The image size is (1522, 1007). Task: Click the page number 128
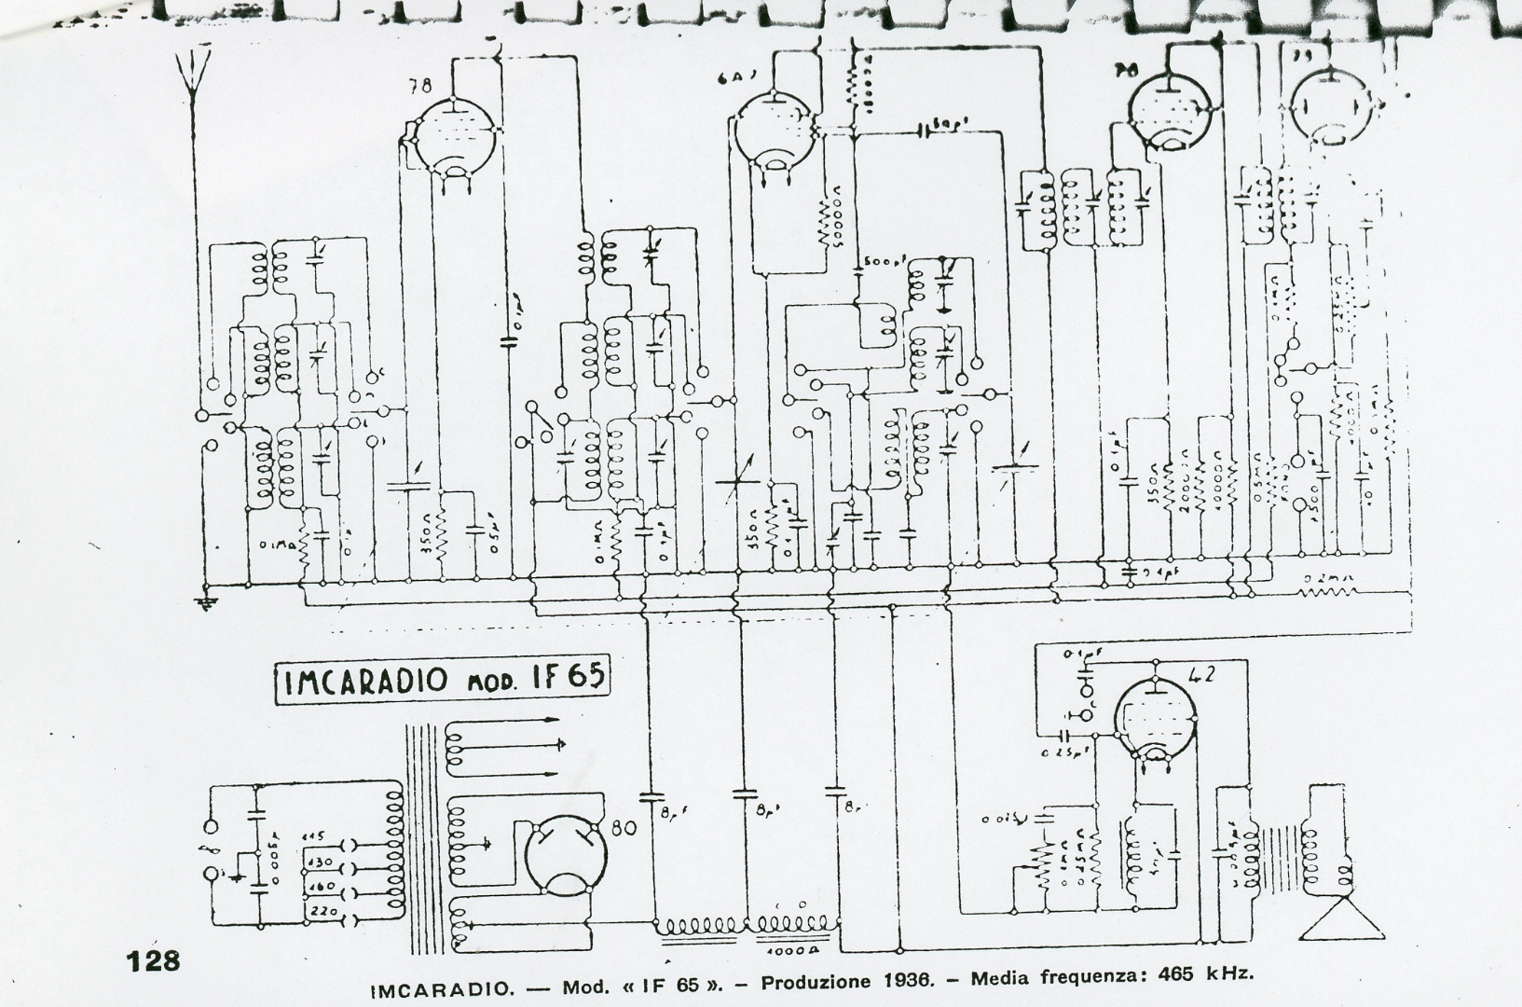pyautogui.click(x=154, y=960)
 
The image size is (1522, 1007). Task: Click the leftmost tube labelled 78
pyautogui.click(x=451, y=136)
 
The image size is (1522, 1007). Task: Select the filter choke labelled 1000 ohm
pyautogui.click(x=792, y=926)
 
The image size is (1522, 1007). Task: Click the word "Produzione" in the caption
pyautogui.click(x=814, y=983)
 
